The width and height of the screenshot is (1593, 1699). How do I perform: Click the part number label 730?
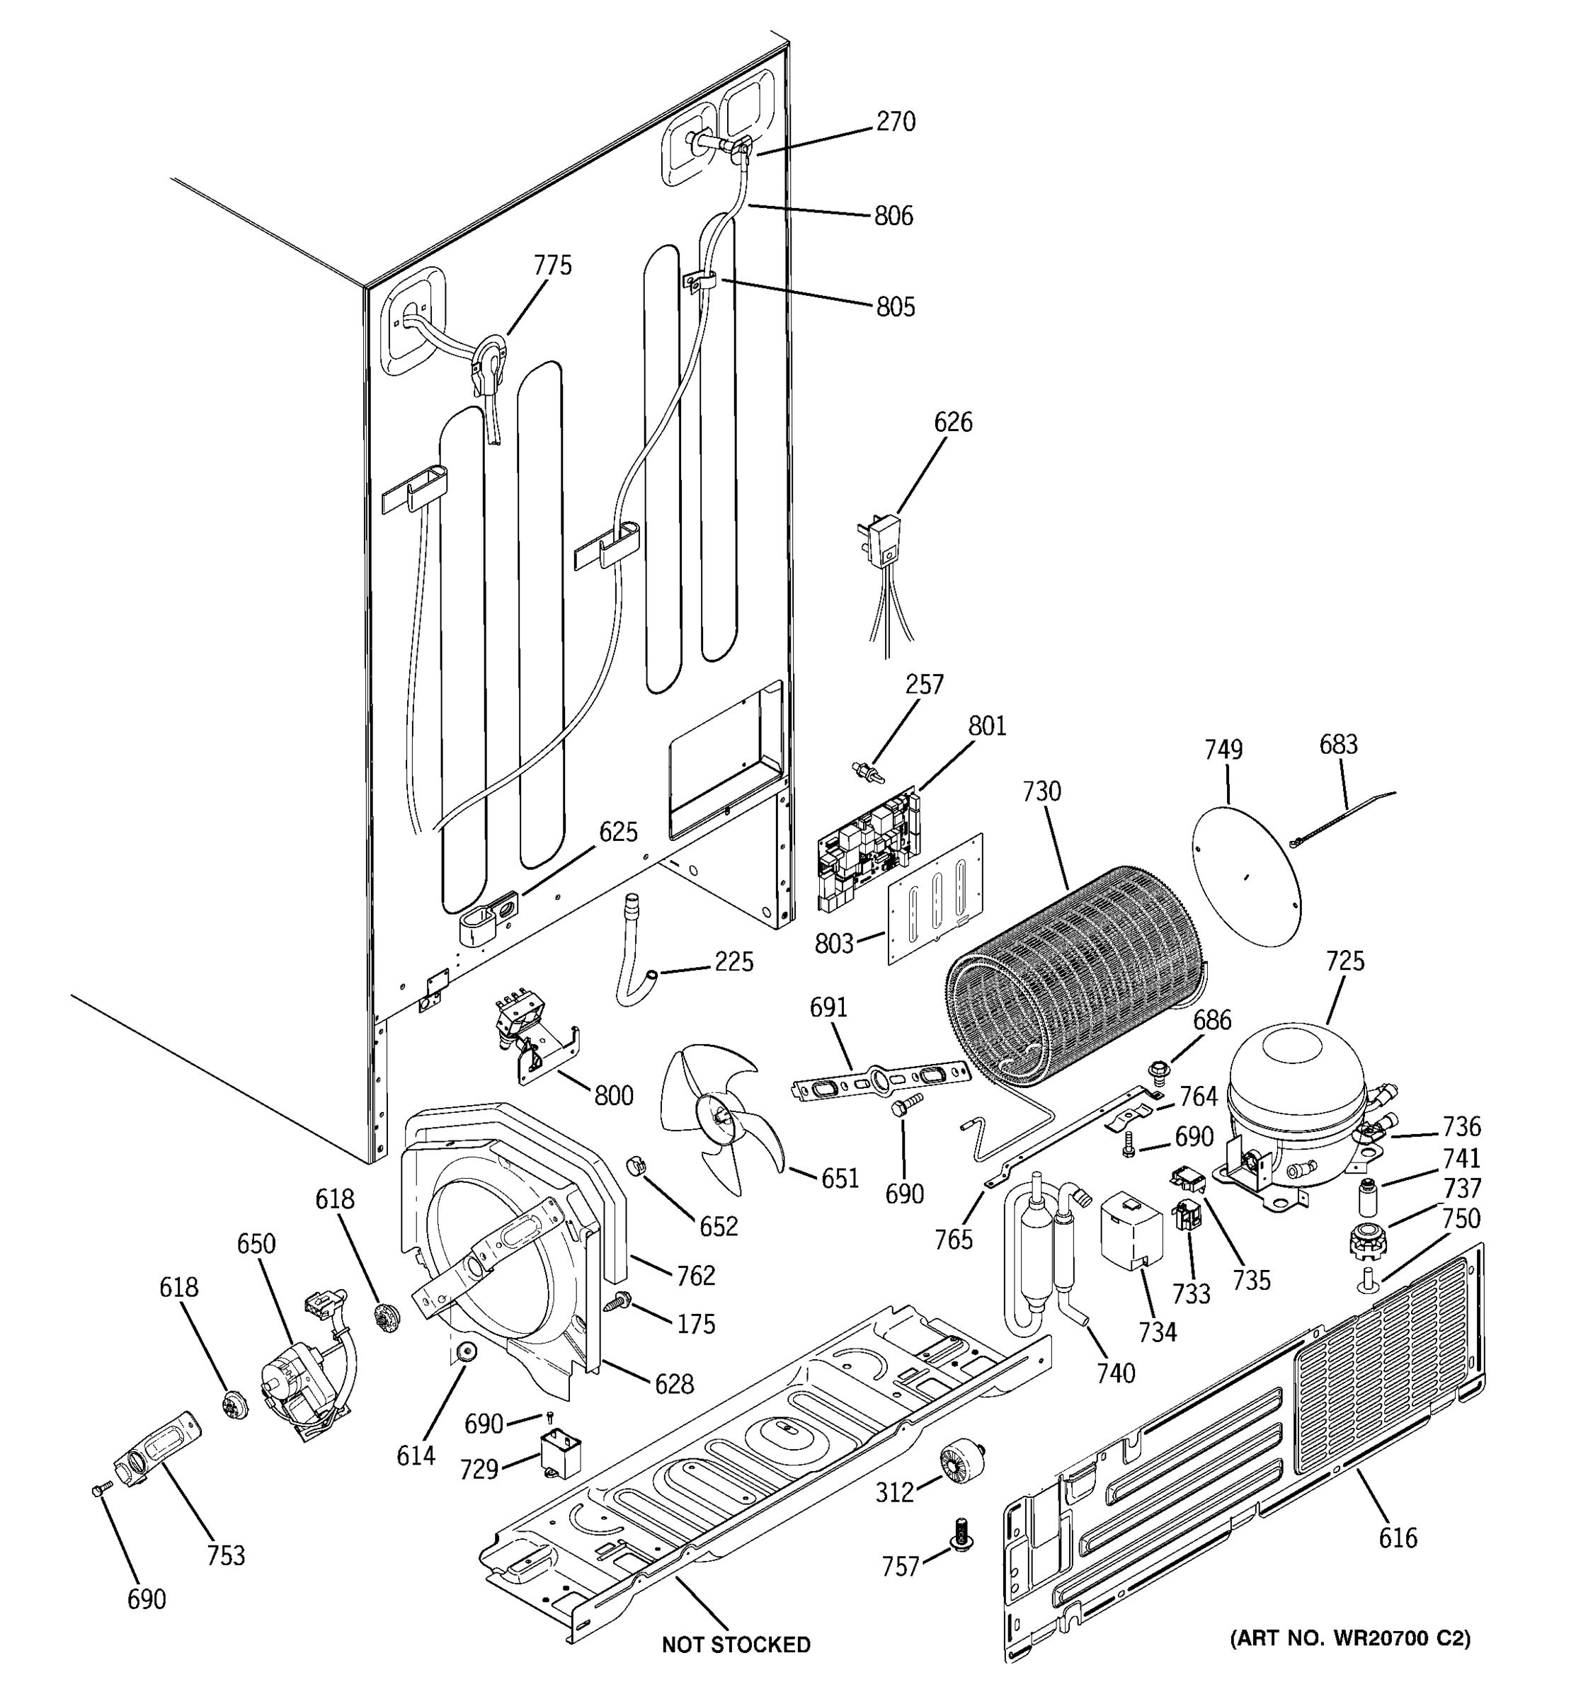[x=1041, y=791]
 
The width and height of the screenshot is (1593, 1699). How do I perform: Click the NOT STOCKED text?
[x=736, y=1644]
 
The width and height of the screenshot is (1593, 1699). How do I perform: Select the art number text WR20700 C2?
[x=1350, y=1638]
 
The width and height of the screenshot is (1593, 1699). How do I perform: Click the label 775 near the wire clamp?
[x=553, y=265]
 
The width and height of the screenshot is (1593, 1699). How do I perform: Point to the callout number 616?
[x=1398, y=1538]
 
